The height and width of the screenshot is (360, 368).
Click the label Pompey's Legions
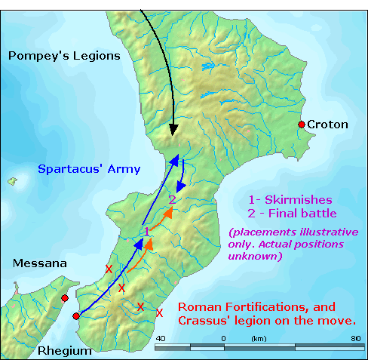coord(63,56)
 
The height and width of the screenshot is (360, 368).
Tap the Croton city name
coord(328,125)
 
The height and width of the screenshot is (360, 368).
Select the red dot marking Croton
coord(302,125)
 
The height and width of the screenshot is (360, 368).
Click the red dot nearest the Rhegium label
coord(75,316)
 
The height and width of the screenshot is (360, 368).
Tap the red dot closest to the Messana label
coord(65,298)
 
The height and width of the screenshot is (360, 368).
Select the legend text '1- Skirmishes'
coord(289,199)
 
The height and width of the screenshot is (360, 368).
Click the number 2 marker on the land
coord(172,199)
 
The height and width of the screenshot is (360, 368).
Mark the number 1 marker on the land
coord(146,230)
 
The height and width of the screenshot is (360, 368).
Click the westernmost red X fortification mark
coord(109,269)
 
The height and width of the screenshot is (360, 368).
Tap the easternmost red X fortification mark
coord(159,312)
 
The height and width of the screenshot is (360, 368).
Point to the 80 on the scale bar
coord(355,337)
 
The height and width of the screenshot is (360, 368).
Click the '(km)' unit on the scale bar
coord(259,337)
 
